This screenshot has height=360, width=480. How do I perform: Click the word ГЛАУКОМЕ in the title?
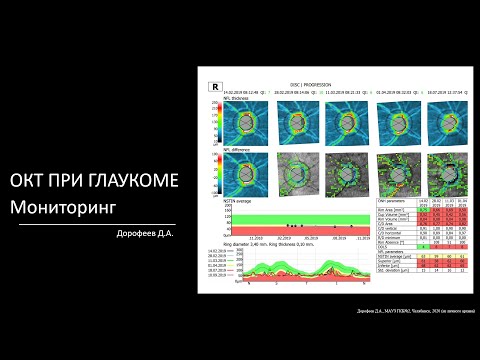pyautogui.click(x=131, y=180)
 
